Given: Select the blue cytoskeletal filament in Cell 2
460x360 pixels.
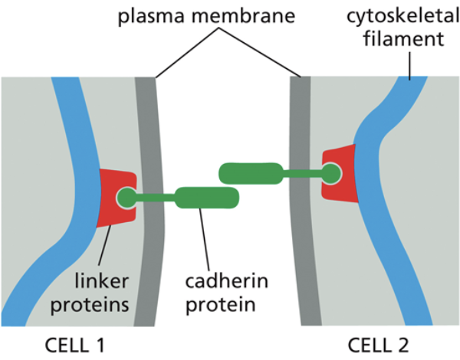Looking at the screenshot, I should [x=376, y=191].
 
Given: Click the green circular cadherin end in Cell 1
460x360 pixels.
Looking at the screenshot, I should [x=125, y=199].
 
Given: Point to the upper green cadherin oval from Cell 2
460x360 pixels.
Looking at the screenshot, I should [x=250, y=173].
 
